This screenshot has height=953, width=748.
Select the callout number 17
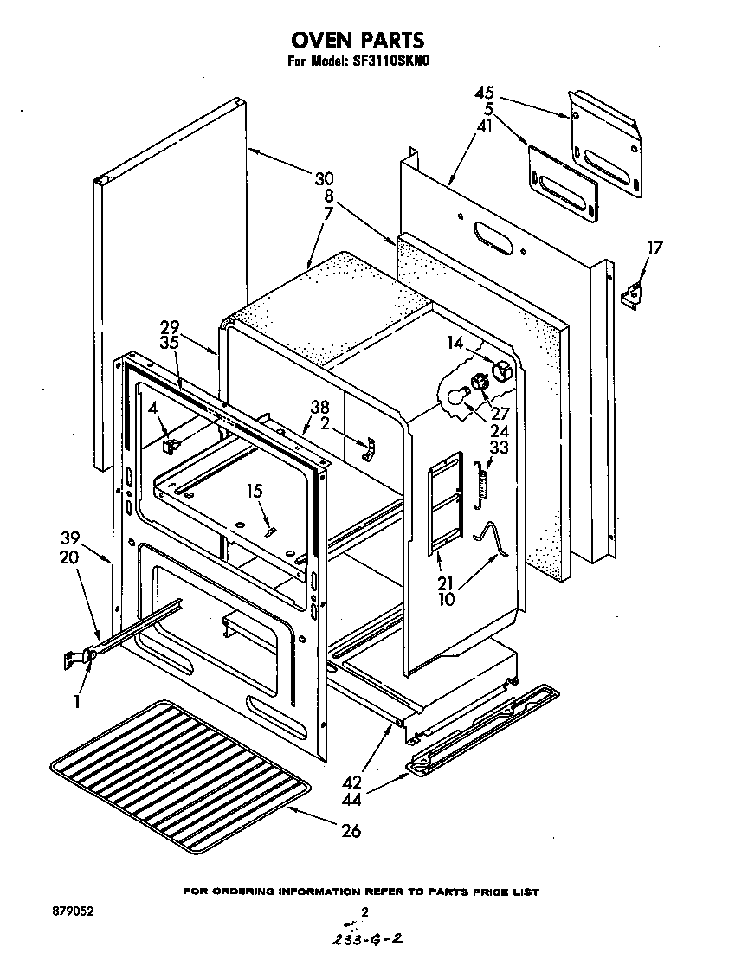(654, 248)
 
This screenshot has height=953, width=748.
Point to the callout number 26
(351, 831)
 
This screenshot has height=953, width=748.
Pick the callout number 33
(498, 448)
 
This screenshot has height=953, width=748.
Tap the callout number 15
(255, 492)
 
